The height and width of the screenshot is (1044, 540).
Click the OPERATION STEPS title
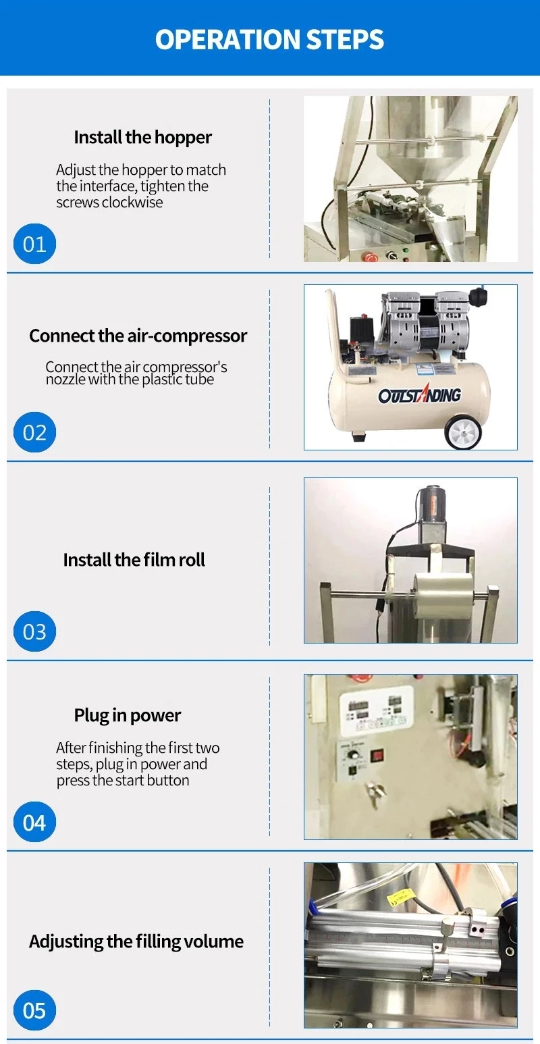pos(269,39)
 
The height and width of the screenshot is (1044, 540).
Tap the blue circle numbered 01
pos(34,244)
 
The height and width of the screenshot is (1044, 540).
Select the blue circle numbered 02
pos(34,432)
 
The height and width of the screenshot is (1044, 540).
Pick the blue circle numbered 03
pos(34,631)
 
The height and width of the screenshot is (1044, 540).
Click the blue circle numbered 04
pos(34,822)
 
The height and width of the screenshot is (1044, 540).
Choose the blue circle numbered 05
pos(34,1010)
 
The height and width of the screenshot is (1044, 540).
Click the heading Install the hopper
pos(142,138)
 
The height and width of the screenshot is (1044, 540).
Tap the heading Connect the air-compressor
pos(138,336)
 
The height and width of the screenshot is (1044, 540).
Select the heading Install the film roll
pos(134,559)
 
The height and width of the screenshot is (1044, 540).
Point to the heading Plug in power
pos(127,715)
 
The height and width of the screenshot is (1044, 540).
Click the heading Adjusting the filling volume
pos(136,941)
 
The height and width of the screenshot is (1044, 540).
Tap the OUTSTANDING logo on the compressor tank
pos(419,394)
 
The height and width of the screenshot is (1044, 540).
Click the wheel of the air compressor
pos(462,431)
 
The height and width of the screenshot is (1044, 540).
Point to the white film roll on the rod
pos(443,595)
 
